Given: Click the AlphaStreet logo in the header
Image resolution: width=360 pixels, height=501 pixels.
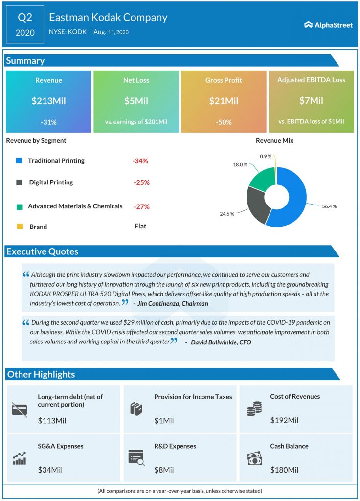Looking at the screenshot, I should pyautogui.click(x=328, y=25).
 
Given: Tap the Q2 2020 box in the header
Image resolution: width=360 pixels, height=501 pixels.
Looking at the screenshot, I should pyautogui.click(x=25, y=25).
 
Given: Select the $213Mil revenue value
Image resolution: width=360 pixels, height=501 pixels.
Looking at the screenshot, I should pyautogui.click(x=48, y=101).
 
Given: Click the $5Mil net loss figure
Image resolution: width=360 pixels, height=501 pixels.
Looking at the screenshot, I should pyautogui.click(x=136, y=101).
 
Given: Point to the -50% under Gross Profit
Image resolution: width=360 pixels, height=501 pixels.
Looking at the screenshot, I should pyautogui.click(x=224, y=122).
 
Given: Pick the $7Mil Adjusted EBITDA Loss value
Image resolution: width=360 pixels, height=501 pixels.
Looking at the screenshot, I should pyautogui.click(x=311, y=101).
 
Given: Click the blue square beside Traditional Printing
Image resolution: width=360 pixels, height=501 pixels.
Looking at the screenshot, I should pyautogui.click(x=19, y=161).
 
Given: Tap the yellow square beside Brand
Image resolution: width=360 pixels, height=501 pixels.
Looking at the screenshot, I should pyautogui.click(x=19, y=227).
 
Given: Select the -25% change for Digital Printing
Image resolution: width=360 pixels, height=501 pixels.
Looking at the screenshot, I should pyautogui.click(x=141, y=182).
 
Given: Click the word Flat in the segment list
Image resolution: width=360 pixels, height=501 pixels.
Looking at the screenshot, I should pyautogui.click(x=140, y=226).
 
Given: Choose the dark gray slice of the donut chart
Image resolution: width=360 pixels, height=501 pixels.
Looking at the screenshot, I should pyautogui.click(x=257, y=205).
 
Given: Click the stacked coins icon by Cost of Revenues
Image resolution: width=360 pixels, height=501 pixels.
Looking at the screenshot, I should pyautogui.click(x=254, y=409).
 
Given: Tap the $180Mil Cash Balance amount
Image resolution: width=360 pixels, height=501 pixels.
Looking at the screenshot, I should pyautogui.click(x=284, y=470).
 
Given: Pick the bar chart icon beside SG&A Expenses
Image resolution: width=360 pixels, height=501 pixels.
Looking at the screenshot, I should pyautogui.click(x=19, y=458).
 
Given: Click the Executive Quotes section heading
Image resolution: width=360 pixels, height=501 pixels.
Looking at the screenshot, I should pyautogui.click(x=42, y=252).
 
